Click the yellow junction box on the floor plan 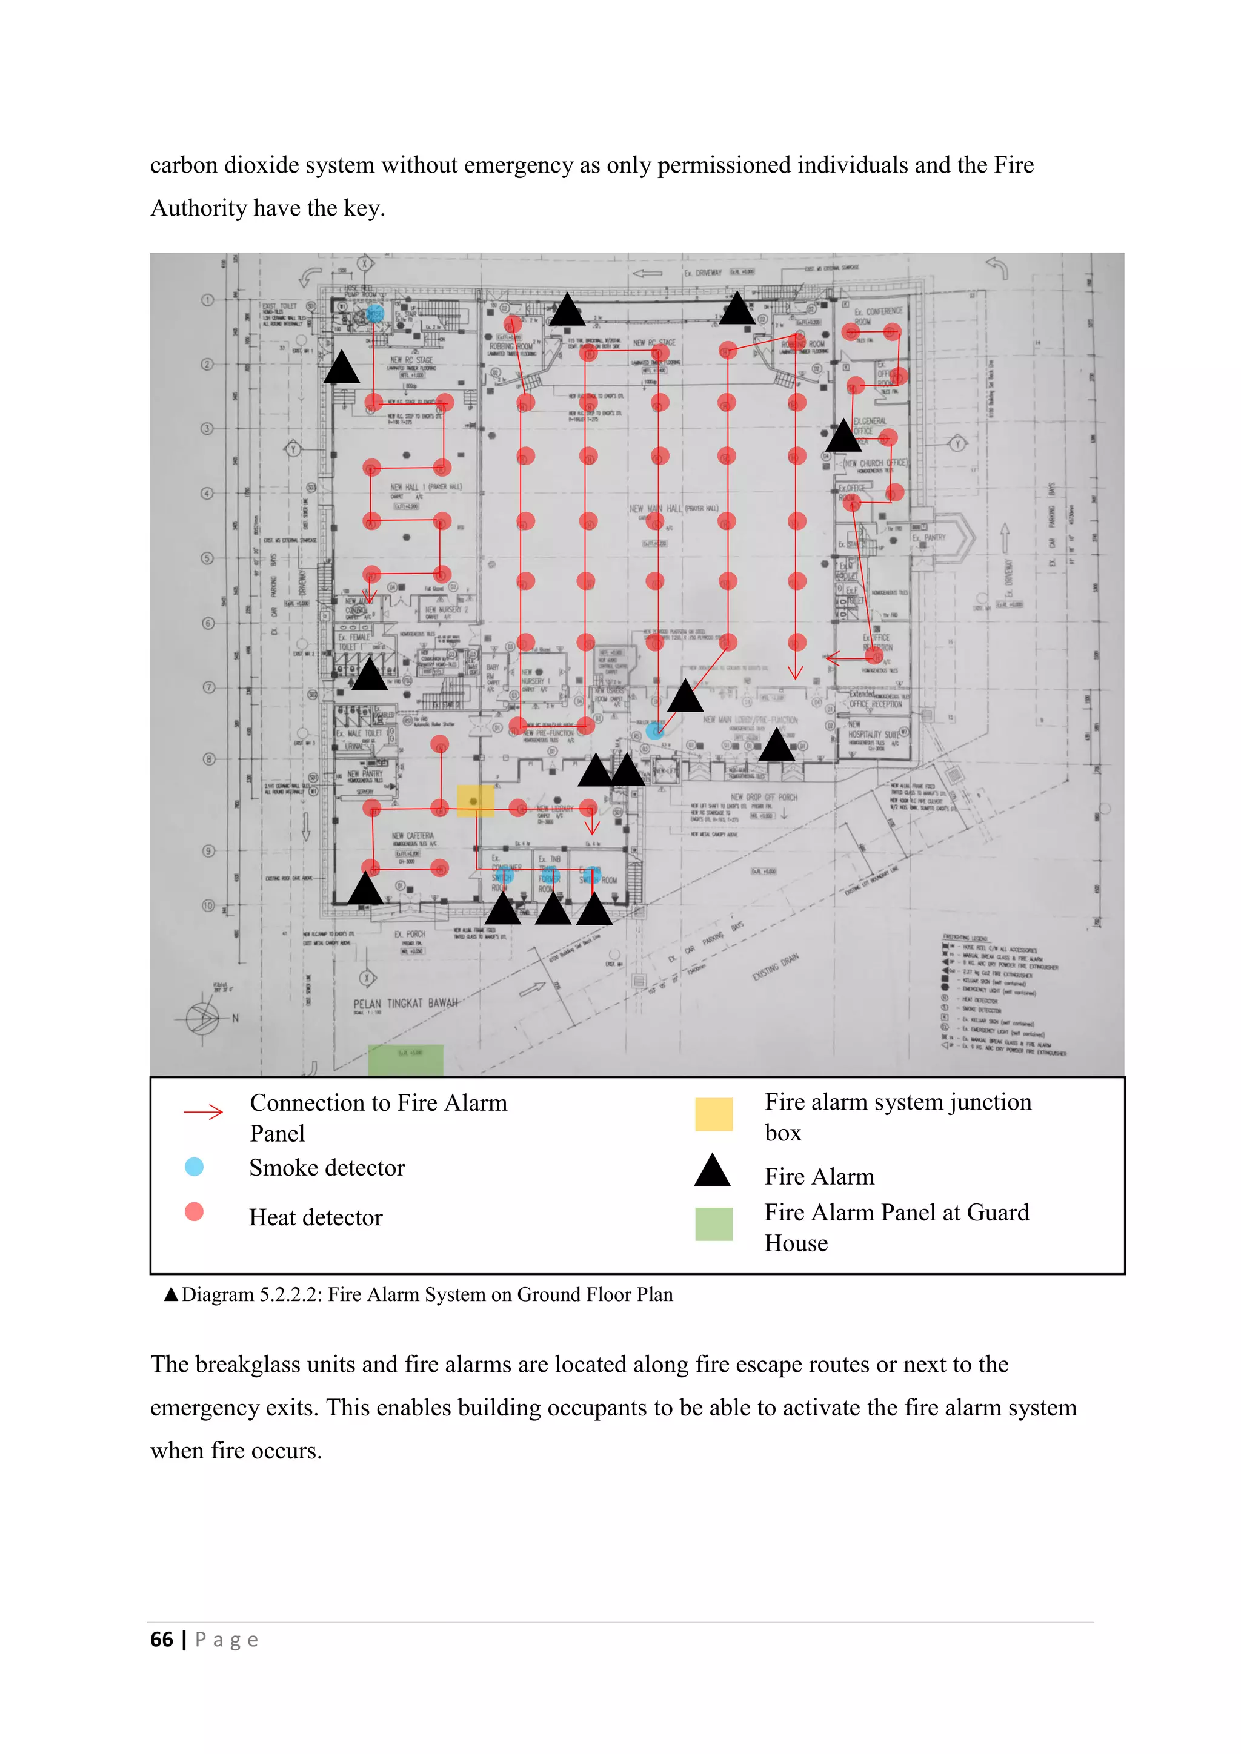click(x=475, y=801)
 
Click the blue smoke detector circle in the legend click(x=194, y=1167)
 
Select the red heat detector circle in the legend click(x=194, y=1211)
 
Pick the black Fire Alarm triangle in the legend click(x=712, y=1171)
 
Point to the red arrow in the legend click(x=203, y=1111)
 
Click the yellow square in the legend click(x=714, y=1114)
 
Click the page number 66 click(x=162, y=1640)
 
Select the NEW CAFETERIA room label click(x=413, y=836)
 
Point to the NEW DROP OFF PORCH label click(x=764, y=797)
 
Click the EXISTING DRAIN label click(x=775, y=967)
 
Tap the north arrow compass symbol click(x=203, y=1018)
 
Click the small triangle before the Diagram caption click(x=171, y=1294)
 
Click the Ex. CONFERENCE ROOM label click(x=878, y=316)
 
